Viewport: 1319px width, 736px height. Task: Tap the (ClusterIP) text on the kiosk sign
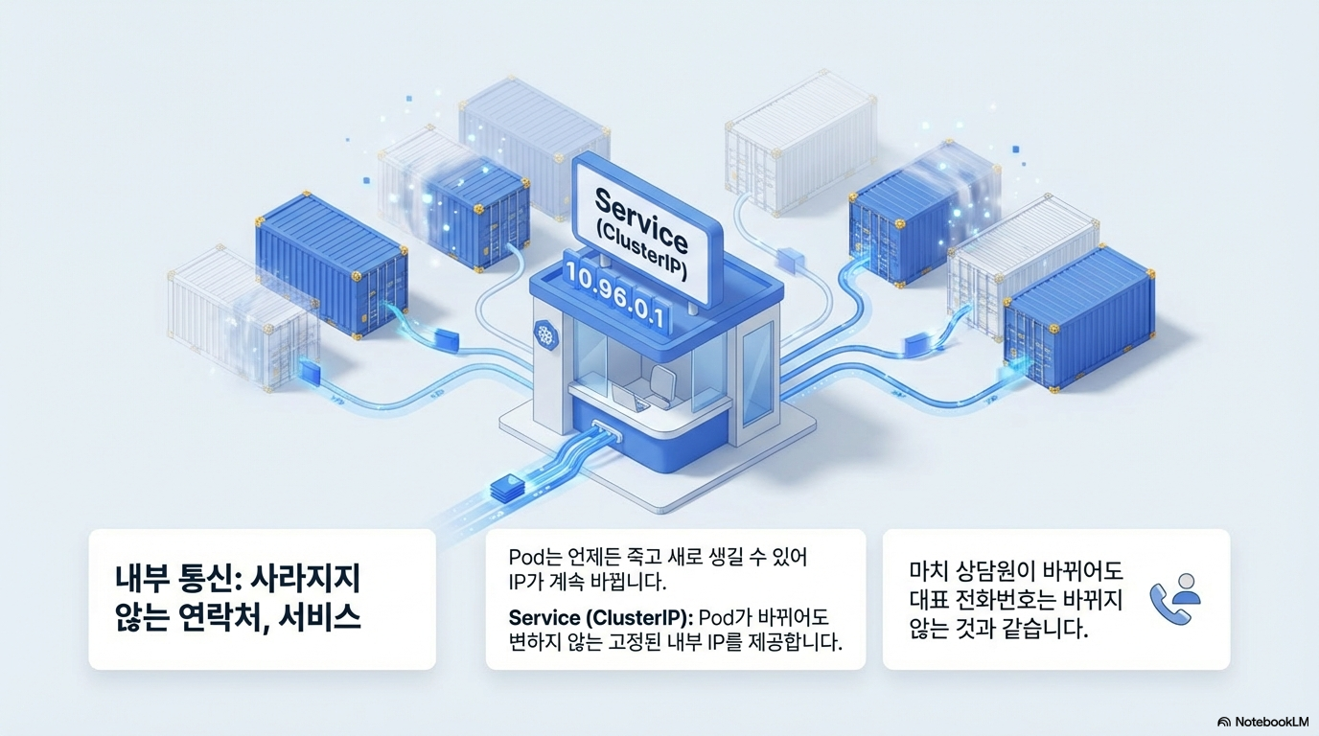tap(640, 252)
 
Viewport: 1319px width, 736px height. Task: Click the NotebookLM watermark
tap(1262, 721)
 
